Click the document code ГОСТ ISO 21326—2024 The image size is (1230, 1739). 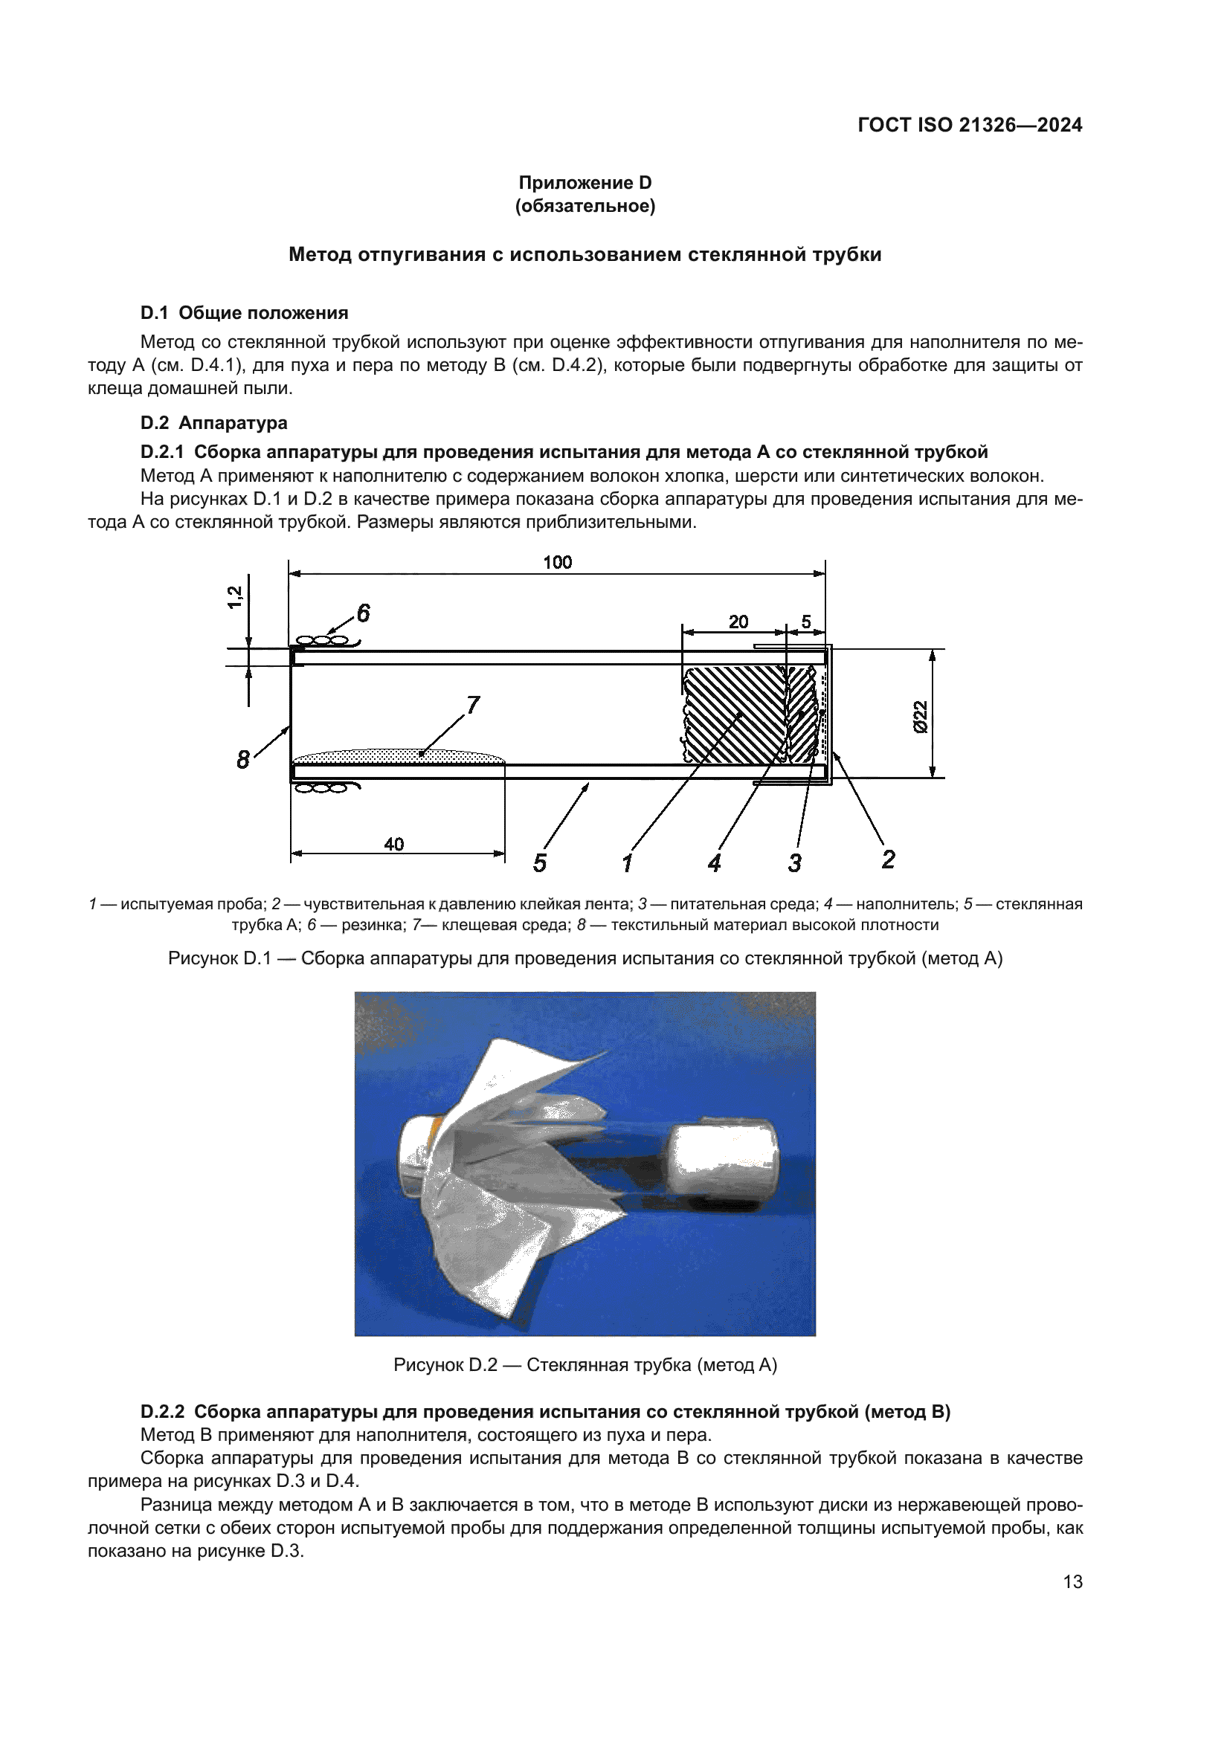tap(970, 126)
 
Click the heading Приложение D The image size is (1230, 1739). tap(585, 183)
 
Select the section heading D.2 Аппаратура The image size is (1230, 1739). tap(213, 422)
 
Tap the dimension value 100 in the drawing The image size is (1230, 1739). tap(558, 562)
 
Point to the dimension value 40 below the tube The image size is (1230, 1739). tap(394, 844)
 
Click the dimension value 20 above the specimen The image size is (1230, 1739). tap(738, 622)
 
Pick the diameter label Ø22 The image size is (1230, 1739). tap(920, 716)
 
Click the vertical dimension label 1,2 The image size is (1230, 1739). tap(235, 597)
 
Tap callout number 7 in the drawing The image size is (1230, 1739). tap(473, 705)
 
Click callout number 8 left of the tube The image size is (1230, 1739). tap(242, 759)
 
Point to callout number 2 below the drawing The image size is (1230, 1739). tap(889, 859)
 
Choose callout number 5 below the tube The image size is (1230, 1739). tap(539, 862)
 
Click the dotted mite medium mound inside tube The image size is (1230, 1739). tap(398, 755)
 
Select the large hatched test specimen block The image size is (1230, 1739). tap(733, 714)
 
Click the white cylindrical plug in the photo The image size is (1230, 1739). tap(725, 1167)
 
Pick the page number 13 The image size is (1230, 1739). tap(1072, 1581)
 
